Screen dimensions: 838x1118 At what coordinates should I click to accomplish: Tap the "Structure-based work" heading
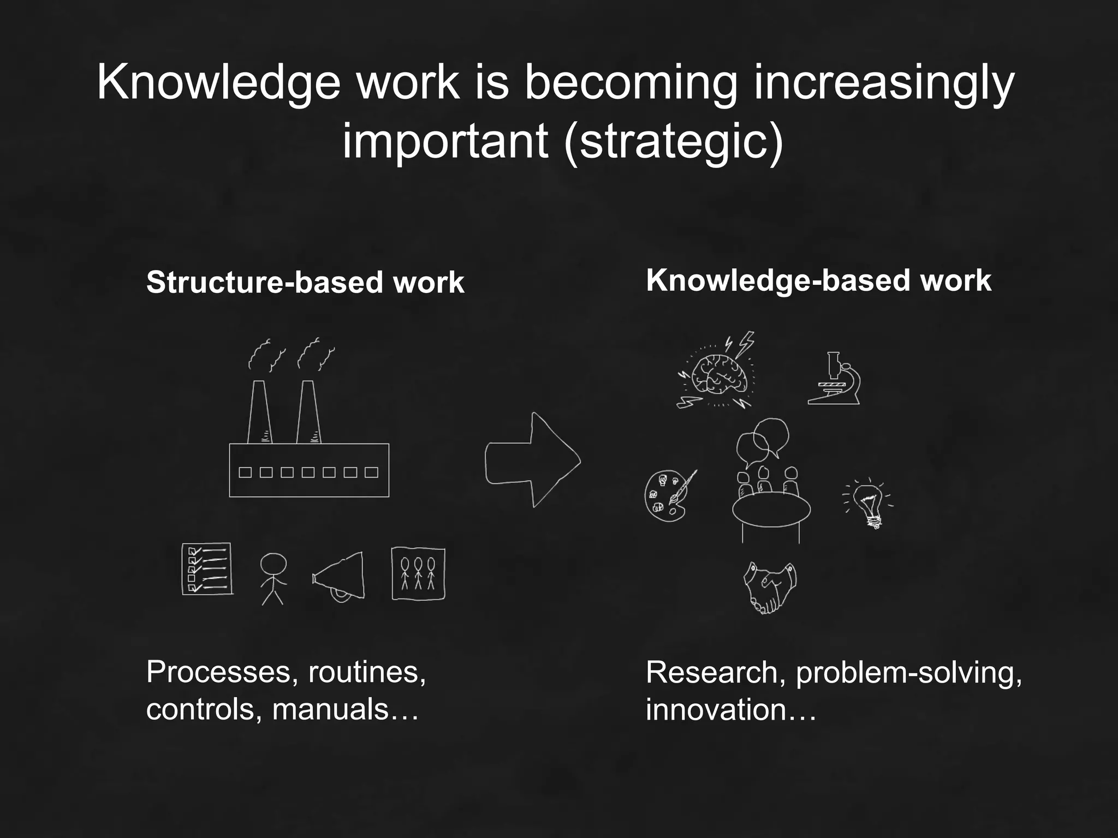coord(305,283)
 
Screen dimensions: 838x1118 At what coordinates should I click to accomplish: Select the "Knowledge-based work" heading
coord(818,280)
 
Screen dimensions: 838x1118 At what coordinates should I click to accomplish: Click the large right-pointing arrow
coord(532,460)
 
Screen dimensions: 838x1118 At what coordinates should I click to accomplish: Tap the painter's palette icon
coord(668,495)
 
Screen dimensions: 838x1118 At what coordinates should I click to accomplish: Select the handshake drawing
coord(770,588)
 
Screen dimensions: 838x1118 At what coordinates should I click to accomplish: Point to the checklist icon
coord(207,568)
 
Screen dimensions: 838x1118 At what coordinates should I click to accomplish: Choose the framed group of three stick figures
coord(418,574)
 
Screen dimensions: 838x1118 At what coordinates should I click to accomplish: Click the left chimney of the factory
coord(259,412)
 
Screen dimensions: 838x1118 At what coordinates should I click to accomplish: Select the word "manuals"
coord(330,709)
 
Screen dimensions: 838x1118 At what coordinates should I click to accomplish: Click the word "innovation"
coord(716,709)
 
